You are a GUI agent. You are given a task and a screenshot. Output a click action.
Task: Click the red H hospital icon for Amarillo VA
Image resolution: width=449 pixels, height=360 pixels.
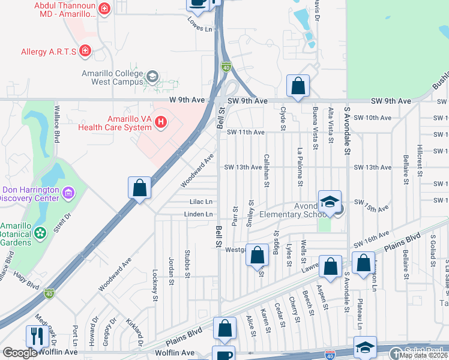[160, 122]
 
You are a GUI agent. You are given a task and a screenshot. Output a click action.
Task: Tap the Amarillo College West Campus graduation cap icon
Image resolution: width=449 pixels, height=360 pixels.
[152, 76]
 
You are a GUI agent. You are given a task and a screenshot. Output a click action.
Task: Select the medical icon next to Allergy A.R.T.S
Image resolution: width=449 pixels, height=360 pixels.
[86, 51]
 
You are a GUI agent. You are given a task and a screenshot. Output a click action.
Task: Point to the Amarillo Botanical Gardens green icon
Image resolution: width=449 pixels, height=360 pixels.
[41, 232]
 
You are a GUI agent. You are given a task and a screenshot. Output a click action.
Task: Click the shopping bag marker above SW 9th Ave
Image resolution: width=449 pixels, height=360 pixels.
[298, 86]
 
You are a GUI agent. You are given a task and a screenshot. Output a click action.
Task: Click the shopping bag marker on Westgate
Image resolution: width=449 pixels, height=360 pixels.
[258, 255]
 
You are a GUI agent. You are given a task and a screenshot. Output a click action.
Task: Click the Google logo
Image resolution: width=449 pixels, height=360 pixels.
[20, 353]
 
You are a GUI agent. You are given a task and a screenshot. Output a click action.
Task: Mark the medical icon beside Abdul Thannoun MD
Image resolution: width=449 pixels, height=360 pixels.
[105, 8]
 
